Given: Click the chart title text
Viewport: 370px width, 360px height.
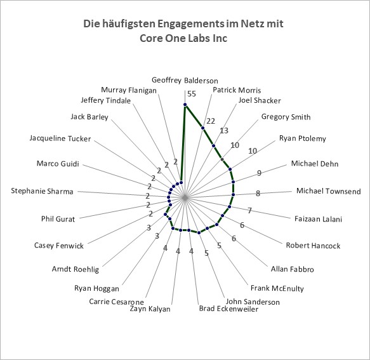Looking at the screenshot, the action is tap(183, 30).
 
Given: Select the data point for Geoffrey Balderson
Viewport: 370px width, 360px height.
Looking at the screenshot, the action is tap(185, 104).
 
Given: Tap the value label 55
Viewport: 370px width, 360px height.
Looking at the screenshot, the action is tap(192, 94).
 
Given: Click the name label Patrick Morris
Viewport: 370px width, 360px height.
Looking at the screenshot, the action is tap(237, 90).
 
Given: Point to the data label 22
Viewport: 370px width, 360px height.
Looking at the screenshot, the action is tap(211, 121).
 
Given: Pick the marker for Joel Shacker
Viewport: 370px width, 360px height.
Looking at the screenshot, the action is tap(214, 145).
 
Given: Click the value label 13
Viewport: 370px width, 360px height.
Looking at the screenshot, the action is tap(224, 131).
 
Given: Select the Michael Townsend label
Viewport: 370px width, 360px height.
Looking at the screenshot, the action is tap(329, 190).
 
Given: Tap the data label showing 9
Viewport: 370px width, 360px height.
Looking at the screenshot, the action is tap(259, 173).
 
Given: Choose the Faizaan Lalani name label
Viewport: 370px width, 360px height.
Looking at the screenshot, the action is tap(318, 219).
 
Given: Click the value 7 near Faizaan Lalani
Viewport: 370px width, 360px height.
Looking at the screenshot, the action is tap(250, 210).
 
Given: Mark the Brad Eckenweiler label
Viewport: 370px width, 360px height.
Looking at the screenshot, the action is tap(228, 309).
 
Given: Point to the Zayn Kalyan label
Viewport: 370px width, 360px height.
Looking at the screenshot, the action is tap(150, 309).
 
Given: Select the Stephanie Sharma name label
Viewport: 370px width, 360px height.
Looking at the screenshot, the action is tap(42, 190).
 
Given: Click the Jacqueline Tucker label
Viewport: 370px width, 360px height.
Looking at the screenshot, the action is tap(60, 138).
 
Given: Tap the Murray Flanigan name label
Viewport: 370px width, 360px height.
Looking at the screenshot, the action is tap(129, 90).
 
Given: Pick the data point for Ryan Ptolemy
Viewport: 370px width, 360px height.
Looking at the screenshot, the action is tap(230, 169).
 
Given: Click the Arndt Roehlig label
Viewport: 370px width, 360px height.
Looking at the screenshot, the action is tap(76, 269).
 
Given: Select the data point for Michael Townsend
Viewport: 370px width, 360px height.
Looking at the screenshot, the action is tap(233, 194).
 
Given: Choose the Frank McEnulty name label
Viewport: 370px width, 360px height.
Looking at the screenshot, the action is tap(277, 288).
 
